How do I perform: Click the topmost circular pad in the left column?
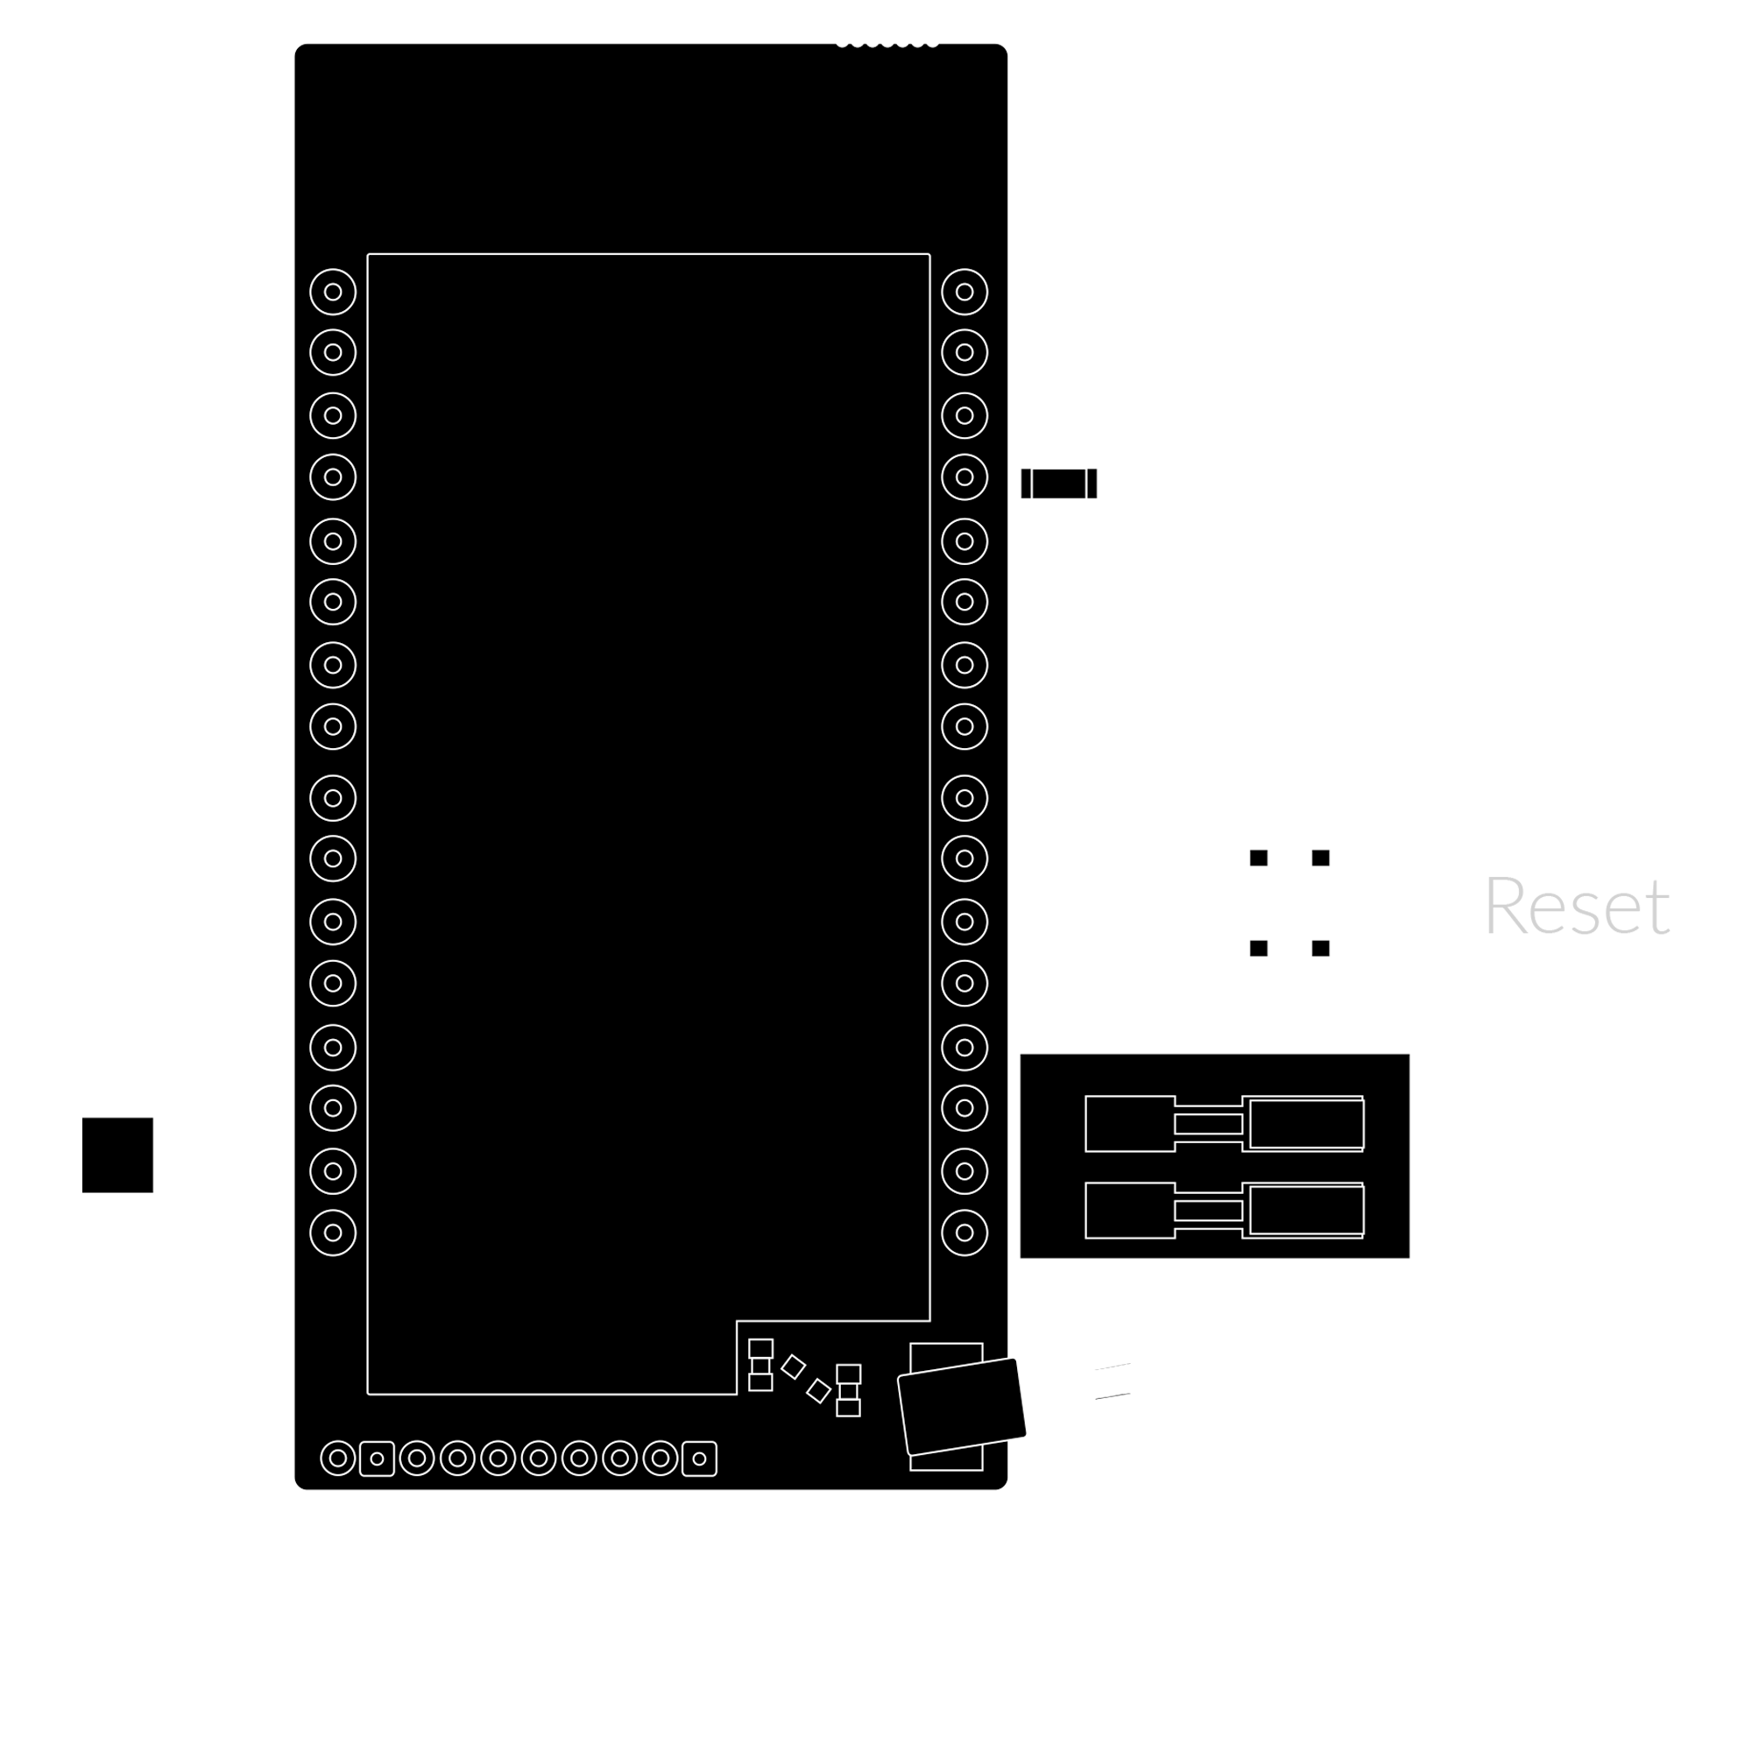click(x=333, y=292)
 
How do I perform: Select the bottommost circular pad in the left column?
click(x=333, y=1233)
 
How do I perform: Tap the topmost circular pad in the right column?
click(x=964, y=292)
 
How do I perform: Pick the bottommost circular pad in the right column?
click(x=964, y=1233)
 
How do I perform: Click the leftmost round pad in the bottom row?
click(x=338, y=1459)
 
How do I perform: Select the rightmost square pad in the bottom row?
click(x=699, y=1459)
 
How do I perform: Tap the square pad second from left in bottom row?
click(x=378, y=1459)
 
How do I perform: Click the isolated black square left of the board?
click(x=118, y=1155)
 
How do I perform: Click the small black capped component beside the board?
click(x=1058, y=484)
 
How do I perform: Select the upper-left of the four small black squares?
click(x=1259, y=858)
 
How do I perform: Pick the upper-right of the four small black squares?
click(x=1320, y=858)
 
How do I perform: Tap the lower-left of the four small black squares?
click(x=1259, y=949)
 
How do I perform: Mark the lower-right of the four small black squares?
click(x=1320, y=949)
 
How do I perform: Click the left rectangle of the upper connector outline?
click(x=1130, y=1124)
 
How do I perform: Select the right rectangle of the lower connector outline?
click(x=1306, y=1210)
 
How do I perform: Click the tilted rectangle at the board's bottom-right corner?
click(x=961, y=1407)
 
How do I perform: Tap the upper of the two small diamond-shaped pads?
click(x=794, y=1367)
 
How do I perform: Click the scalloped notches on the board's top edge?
click(x=887, y=44)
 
